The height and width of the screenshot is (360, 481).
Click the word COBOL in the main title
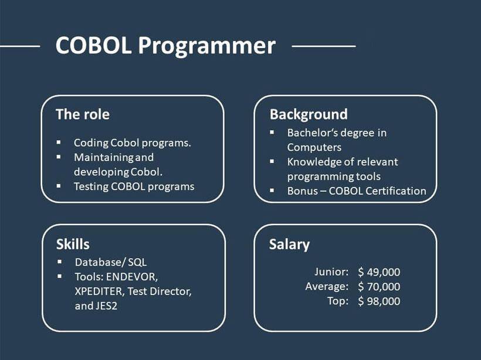(x=94, y=45)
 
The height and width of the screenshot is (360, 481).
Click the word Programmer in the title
(x=206, y=47)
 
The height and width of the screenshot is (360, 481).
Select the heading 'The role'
(x=83, y=114)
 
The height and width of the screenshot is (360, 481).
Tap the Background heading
(x=309, y=115)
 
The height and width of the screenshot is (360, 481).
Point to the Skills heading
(x=73, y=244)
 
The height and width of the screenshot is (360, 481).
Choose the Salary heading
(x=289, y=244)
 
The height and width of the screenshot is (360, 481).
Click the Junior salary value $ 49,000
(x=379, y=272)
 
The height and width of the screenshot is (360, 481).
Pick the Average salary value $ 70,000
(x=379, y=286)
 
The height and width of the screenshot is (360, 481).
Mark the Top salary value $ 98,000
(x=379, y=301)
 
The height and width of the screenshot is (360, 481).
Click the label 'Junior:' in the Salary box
(x=331, y=271)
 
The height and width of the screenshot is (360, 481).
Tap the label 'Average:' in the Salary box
(x=327, y=286)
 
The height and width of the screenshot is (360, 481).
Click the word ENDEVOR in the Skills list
(x=132, y=277)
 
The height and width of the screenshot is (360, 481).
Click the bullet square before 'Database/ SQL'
(x=59, y=261)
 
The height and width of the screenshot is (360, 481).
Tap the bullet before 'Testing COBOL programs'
(x=59, y=186)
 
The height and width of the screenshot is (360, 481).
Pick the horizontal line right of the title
(x=324, y=46)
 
